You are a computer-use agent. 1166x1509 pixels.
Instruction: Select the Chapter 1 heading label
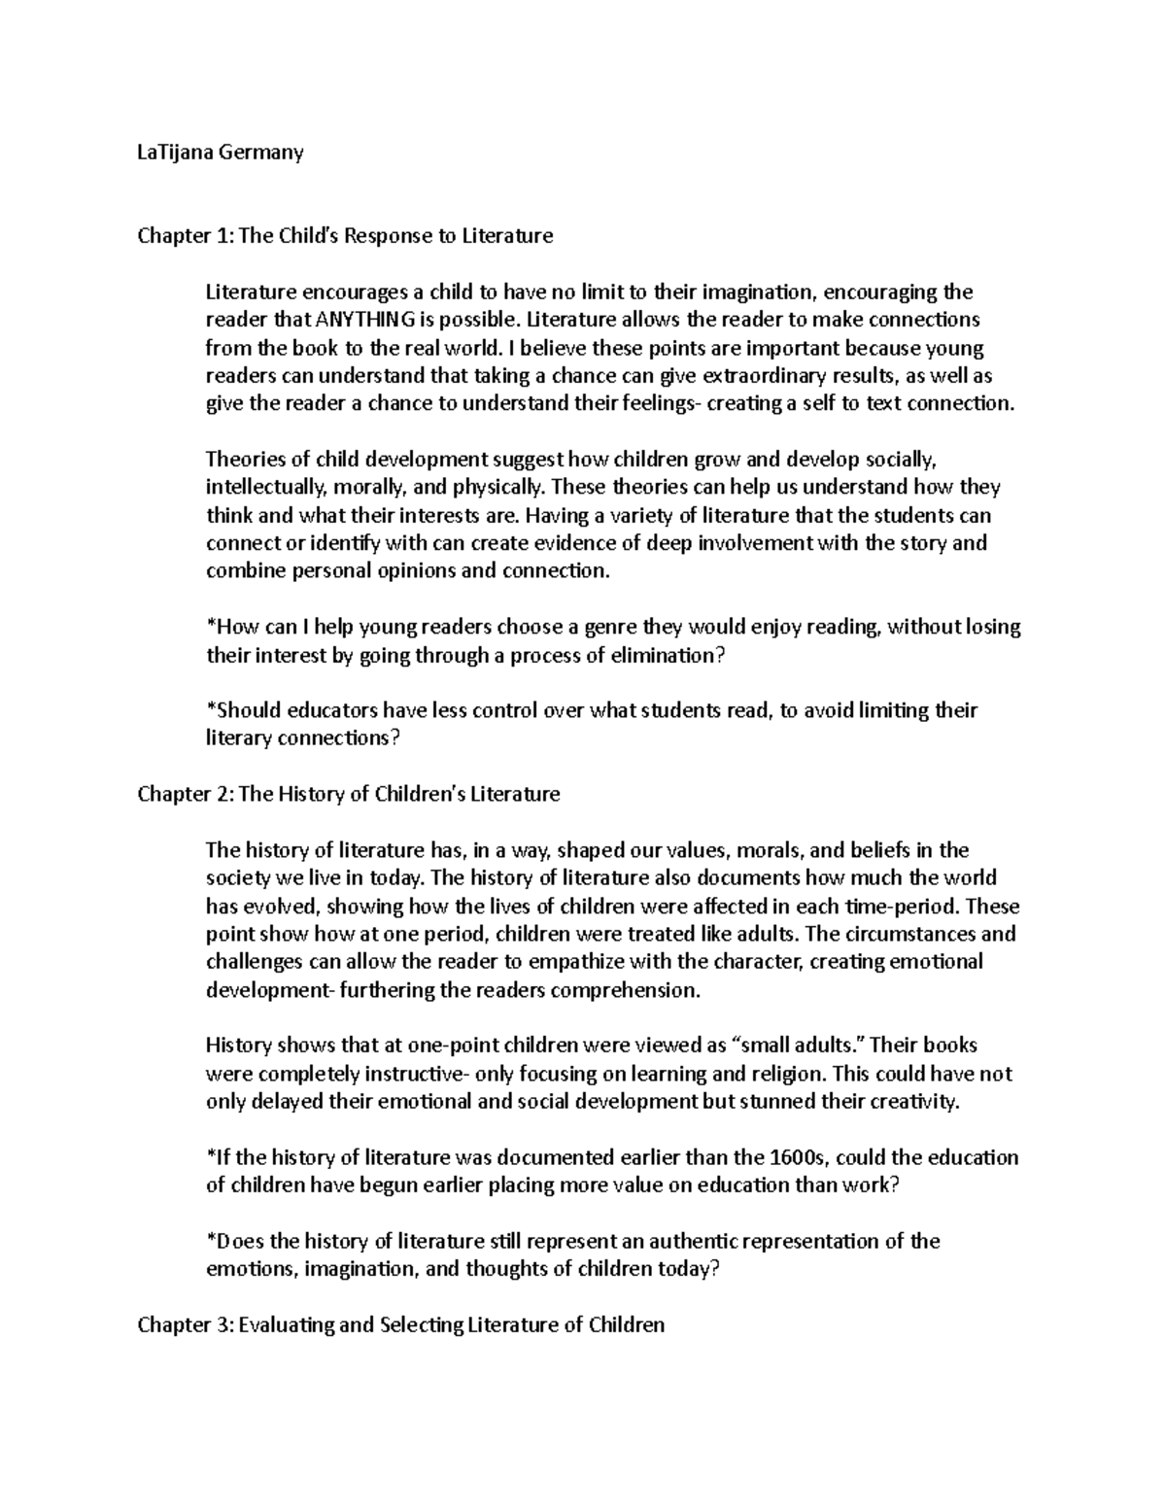pos(186,236)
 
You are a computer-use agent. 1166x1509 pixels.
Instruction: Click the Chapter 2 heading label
pos(186,795)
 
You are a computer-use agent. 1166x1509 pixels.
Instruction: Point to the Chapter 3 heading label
pos(186,1325)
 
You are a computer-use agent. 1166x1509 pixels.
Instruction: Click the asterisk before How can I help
pos(210,626)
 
